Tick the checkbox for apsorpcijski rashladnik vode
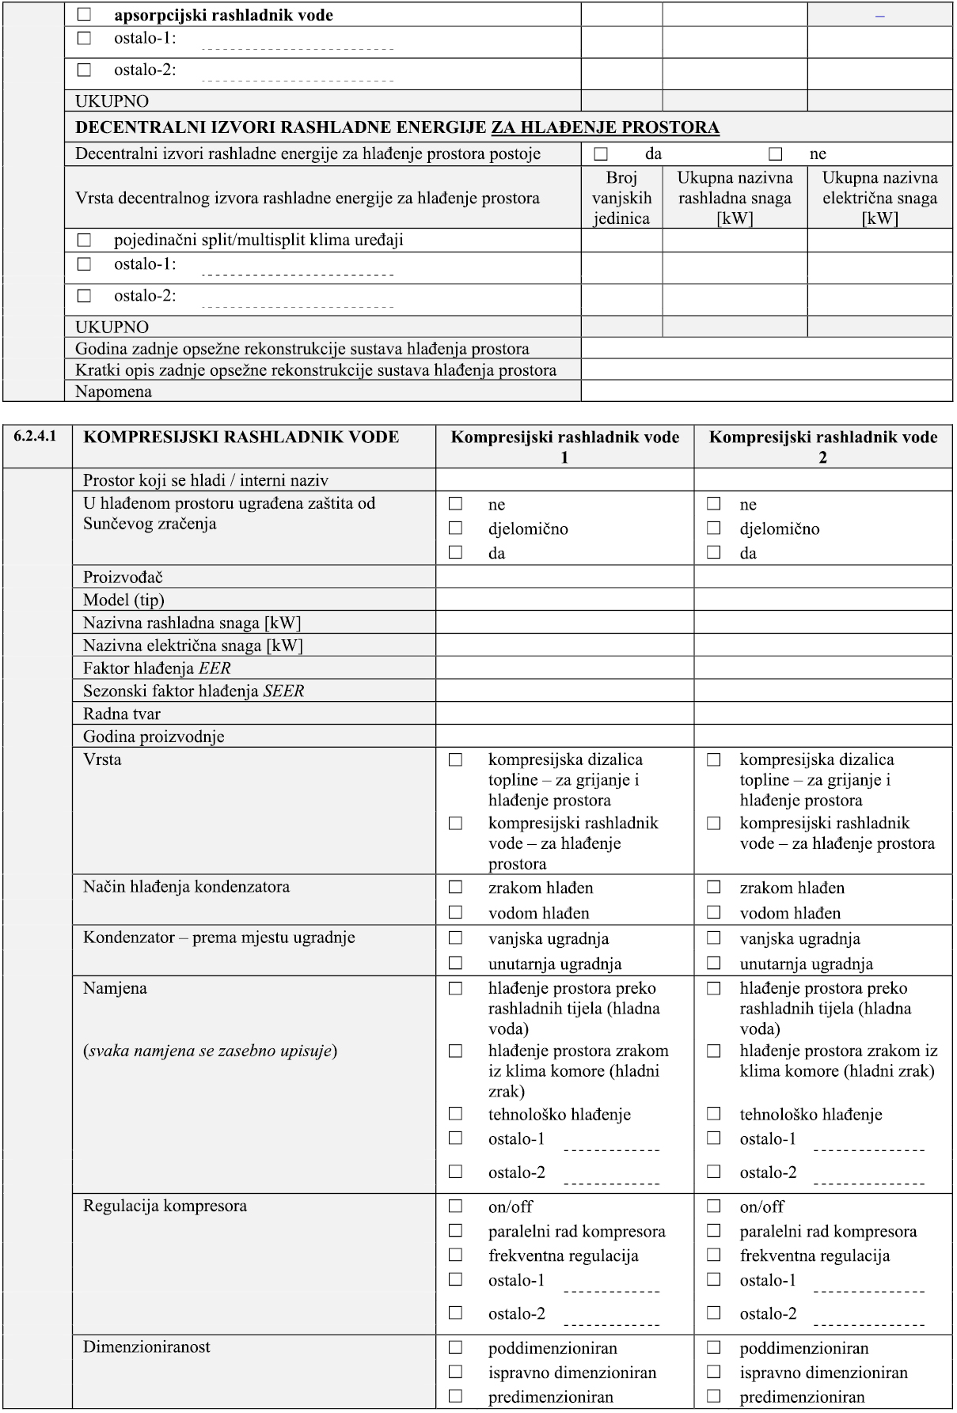pos(84,15)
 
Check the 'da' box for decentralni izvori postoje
pos(601,153)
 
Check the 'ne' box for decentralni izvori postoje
pos(775,153)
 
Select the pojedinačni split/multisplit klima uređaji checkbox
pos(84,240)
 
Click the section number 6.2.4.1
pos(36,437)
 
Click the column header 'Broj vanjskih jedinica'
pos(621,198)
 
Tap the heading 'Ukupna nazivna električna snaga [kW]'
pos(879,198)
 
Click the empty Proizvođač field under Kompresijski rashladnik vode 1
pos(564,577)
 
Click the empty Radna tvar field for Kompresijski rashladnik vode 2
pos(822,714)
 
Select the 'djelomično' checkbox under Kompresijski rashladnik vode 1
pos(455,528)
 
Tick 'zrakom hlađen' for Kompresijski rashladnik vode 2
pos(714,888)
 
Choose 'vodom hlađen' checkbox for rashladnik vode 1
pos(455,912)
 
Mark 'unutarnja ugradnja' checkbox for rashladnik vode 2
pos(714,963)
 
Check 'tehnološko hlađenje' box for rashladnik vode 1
pos(455,1114)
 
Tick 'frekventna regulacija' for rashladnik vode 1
pos(455,1255)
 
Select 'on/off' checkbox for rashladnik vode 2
pos(714,1207)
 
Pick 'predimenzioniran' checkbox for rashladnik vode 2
pos(714,1396)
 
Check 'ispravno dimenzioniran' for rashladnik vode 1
pos(455,1372)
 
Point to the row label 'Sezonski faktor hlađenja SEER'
pos(193,691)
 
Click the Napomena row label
pos(113,392)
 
